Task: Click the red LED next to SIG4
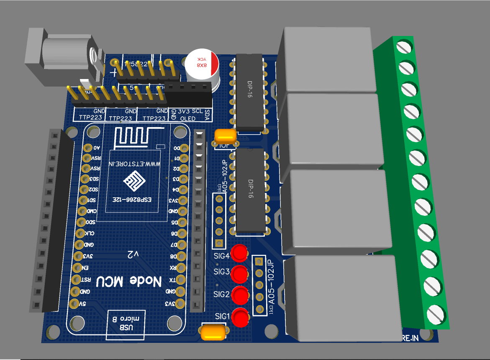(239, 252)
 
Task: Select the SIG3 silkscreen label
(221, 272)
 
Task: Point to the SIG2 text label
(221, 294)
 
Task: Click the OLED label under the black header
(188, 118)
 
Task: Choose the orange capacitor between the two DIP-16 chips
(226, 136)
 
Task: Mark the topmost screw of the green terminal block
(403, 46)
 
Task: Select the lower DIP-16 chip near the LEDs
(250, 190)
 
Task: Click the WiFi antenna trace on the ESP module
(134, 137)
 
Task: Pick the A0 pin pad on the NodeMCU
(88, 148)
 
